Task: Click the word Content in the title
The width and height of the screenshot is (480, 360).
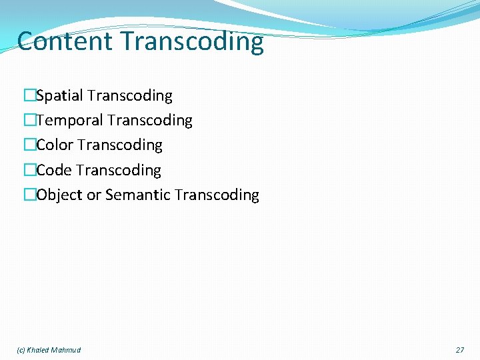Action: point(65,41)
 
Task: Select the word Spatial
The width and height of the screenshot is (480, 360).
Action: point(59,96)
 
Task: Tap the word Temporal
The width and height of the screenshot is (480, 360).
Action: point(69,121)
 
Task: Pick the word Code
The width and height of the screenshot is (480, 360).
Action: point(54,171)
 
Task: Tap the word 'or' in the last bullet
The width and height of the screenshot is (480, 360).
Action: point(93,195)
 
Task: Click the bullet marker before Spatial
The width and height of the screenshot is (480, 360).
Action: point(29,96)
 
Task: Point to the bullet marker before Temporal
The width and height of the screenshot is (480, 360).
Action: point(29,121)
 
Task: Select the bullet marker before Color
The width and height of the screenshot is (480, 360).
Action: point(29,145)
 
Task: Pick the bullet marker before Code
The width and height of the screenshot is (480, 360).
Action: point(29,171)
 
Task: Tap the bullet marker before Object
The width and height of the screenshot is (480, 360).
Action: point(29,195)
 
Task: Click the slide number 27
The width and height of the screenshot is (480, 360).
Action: point(460,350)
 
